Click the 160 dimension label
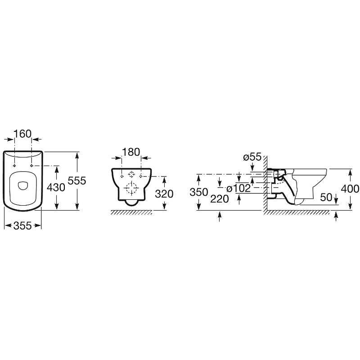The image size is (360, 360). (x=22, y=134)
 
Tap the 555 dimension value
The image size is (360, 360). (x=77, y=181)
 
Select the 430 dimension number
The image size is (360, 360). (x=56, y=188)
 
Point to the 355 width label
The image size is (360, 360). (x=22, y=226)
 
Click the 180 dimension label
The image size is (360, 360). (x=131, y=152)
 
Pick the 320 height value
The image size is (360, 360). (x=164, y=194)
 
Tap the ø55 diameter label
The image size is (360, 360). (x=252, y=157)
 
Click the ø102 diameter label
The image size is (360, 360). (x=238, y=189)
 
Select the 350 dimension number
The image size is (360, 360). (x=199, y=192)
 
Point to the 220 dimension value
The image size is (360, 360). (x=220, y=199)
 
